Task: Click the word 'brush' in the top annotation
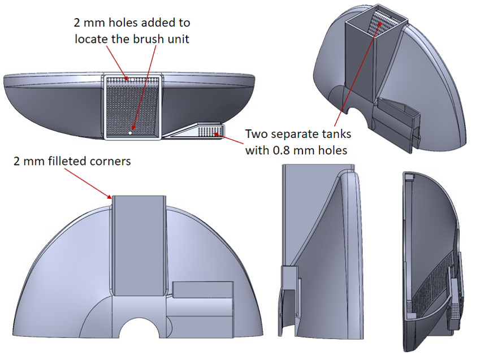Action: click(x=149, y=39)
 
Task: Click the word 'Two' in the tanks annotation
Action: click(x=257, y=134)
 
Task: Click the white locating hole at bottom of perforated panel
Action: click(x=131, y=133)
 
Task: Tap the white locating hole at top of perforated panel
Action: click(x=132, y=79)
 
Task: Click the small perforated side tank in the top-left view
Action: click(x=210, y=131)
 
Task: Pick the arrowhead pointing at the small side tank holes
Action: click(x=217, y=134)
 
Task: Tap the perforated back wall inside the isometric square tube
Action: click(x=385, y=23)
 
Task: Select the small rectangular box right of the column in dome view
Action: click(x=202, y=289)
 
